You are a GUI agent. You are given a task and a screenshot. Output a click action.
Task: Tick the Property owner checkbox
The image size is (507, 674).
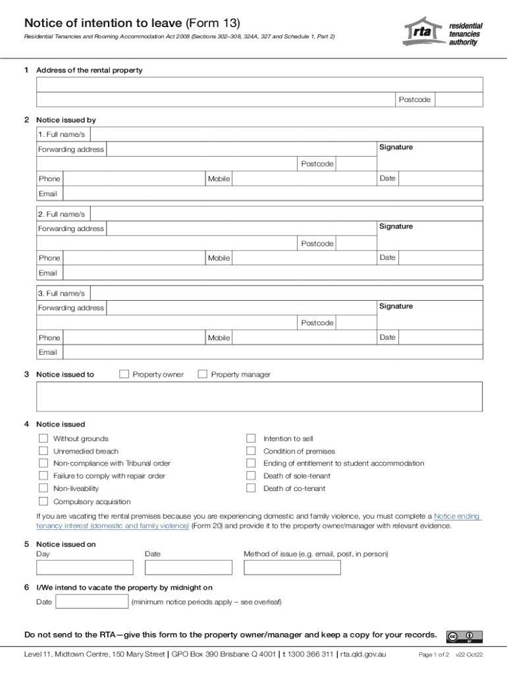click(124, 375)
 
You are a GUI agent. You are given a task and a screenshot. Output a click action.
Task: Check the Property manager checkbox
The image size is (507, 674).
click(203, 375)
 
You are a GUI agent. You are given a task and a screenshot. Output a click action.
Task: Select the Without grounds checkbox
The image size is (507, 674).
click(43, 438)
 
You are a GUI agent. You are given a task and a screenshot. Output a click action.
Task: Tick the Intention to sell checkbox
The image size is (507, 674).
click(251, 438)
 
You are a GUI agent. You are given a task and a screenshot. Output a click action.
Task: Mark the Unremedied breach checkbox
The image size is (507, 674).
click(43, 451)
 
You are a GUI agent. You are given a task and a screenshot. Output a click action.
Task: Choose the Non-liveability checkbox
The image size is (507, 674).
click(43, 488)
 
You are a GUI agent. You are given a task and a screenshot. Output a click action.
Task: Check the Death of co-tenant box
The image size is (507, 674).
click(251, 488)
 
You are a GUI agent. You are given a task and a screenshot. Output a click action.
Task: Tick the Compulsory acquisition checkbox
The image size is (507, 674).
click(43, 502)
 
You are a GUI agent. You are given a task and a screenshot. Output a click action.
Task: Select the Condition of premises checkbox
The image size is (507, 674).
click(251, 451)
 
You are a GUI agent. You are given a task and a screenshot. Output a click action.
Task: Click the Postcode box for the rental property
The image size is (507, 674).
click(458, 99)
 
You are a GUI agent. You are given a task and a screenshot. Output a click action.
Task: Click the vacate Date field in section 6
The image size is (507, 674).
click(92, 602)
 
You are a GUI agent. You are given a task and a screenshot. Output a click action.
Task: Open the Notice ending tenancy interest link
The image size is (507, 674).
click(457, 516)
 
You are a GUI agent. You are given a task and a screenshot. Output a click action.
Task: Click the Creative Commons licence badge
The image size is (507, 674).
click(464, 636)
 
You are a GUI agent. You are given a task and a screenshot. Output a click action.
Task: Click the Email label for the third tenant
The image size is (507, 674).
click(48, 352)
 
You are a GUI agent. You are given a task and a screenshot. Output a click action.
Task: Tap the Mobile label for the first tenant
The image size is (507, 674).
click(219, 179)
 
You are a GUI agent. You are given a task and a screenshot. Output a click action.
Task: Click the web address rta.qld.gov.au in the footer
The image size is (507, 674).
click(363, 655)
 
